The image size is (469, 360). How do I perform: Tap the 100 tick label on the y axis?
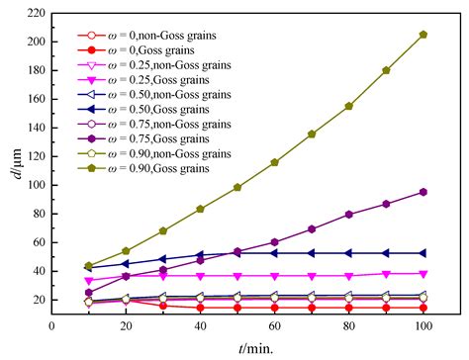pos(36,185)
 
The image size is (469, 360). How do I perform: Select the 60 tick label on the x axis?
pos(274,324)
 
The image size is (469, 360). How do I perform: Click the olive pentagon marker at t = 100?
pos(423,35)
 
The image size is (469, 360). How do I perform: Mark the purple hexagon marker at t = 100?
pos(423,192)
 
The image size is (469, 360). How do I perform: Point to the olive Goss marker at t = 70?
pos(312,134)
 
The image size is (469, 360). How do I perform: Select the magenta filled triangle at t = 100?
pos(423,273)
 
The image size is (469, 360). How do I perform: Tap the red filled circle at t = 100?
pos(423,308)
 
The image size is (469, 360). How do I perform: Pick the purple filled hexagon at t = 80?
pos(349,214)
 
